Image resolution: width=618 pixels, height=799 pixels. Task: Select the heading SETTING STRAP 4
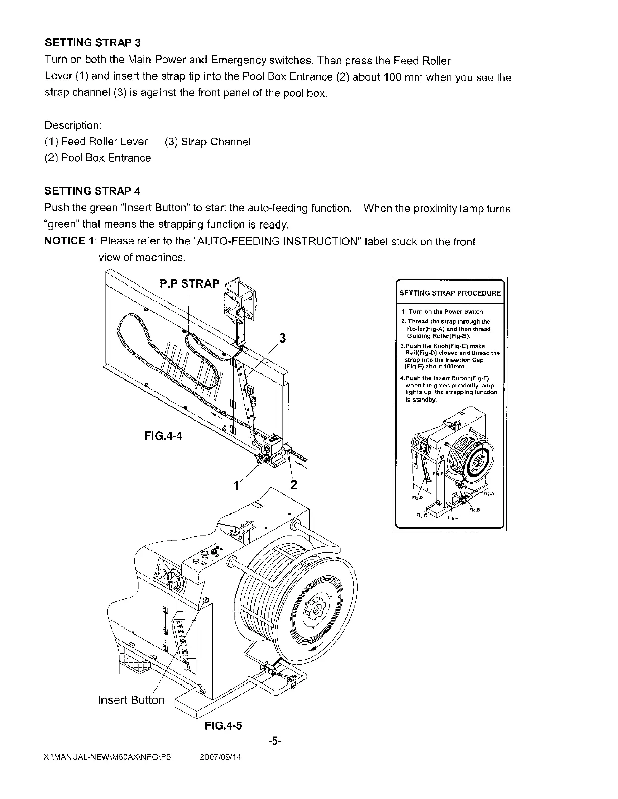[x=92, y=191]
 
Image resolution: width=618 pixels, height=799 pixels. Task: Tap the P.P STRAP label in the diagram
[x=190, y=283]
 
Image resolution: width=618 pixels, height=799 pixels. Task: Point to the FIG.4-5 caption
[x=224, y=726]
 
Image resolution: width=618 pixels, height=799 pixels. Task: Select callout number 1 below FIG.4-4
[x=235, y=485]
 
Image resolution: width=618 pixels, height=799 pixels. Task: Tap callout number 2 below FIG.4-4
[x=294, y=485]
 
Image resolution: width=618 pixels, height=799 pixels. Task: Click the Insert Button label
[x=131, y=700]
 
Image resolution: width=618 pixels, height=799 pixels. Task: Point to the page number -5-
[x=275, y=741]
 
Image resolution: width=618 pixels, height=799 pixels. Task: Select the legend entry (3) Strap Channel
[x=208, y=142]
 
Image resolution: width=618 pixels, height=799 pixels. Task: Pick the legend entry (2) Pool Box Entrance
[x=98, y=158]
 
